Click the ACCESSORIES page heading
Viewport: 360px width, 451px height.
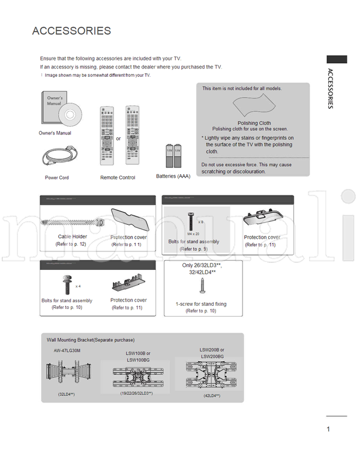tap(71, 31)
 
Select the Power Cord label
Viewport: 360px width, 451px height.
tap(57, 178)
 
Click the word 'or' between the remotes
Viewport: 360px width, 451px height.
tap(119, 139)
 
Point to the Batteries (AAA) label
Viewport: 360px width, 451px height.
tap(173, 176)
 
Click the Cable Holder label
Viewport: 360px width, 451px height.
tap(73, 237)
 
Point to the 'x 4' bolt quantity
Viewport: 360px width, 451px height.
tap(78, 286)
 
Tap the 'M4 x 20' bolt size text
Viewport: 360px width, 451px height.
tap(193, 233)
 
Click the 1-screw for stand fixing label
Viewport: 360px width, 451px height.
tap(201, 304)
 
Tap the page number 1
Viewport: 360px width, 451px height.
tap(329, 429)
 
